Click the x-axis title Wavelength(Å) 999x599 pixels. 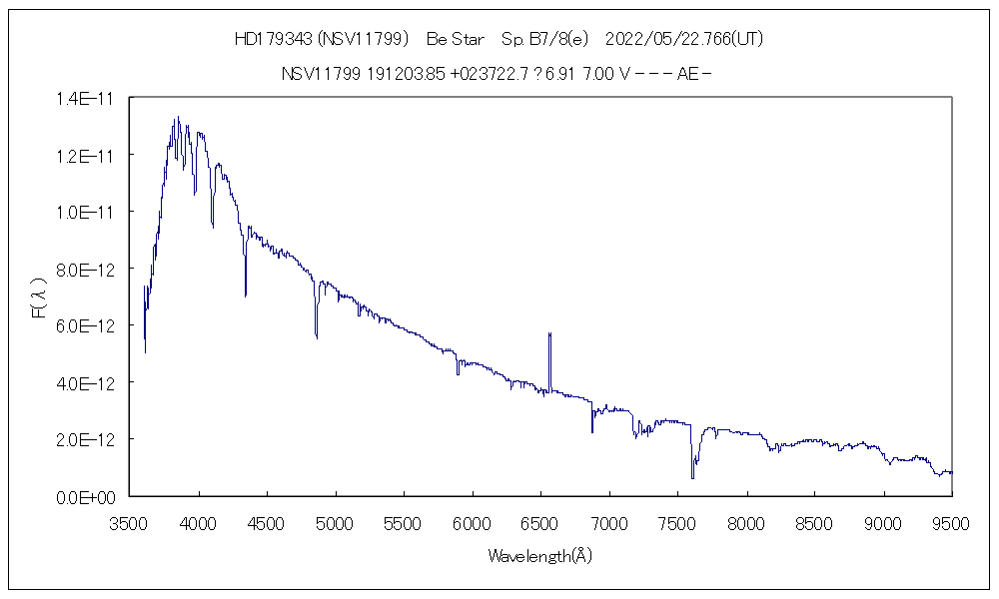point(540,556)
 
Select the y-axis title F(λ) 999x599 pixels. point(38,298)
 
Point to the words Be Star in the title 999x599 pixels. point(456,40)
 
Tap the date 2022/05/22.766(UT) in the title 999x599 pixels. point(685,40)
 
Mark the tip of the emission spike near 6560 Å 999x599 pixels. point(549,333)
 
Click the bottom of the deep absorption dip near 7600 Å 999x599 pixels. point(692,478)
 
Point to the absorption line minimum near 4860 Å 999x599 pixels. point(317,338)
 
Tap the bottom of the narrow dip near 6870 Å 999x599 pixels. point(592,432)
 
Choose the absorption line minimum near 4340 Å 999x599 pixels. point(246,296)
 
